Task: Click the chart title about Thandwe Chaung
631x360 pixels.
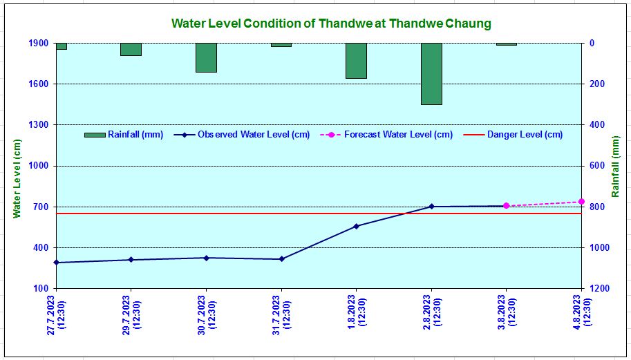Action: pos(331,23)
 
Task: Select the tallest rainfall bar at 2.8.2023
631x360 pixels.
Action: pos(431,74)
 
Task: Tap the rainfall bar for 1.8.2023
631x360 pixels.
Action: pos(356,61)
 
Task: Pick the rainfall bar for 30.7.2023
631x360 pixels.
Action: pos(206,57)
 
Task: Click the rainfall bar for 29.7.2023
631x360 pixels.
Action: pos(131,49)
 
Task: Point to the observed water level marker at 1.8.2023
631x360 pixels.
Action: pos(357,226)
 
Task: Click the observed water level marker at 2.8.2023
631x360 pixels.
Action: pos(431,207)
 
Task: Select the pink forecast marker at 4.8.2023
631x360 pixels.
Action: pos(581,202)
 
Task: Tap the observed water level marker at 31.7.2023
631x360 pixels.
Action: pos(281,259)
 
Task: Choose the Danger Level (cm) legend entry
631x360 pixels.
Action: pos(525,135)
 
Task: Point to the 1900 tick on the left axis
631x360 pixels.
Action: pos(38,44)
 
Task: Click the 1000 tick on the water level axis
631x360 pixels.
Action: pos(38,166)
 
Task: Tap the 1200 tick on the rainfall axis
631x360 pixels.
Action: pos(596,289)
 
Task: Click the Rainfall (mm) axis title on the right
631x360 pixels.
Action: pos(615,167)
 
